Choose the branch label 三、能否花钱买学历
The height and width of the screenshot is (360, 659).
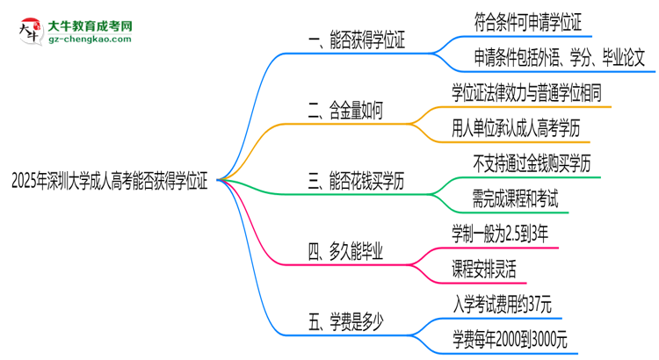click(356, 181)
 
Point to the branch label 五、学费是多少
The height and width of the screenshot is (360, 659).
click(345, 320)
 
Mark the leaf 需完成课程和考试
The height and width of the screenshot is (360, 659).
click(503, 198)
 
